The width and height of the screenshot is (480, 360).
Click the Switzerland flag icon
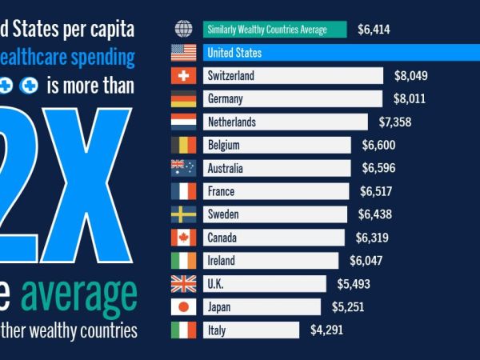pyautogui.click(x=184, y=76)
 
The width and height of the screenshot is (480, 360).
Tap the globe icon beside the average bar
pyautogui.click(x=184, y=30)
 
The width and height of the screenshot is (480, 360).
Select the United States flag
pyautogui.click(x=184, y=53)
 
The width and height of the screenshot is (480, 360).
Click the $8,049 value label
pyautogui.click(x=411, y=76)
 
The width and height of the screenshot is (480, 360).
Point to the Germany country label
pyautogui.click(x=224, y=99)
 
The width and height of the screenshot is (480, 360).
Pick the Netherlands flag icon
pyautogui.click(x=184, y=122)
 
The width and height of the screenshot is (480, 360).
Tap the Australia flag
pyautogui.click(x=184, y=169)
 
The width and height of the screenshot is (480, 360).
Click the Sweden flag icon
pyautogui.click(x=184, y=214)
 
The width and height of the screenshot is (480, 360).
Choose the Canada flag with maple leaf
pyautogui.click(x=184, y=238)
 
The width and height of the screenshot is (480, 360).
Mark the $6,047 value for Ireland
pyautogui.click(x=366, y=261)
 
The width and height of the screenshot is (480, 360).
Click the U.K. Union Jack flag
pyautogui.click(x=184, y=284)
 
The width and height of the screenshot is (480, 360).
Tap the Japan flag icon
pyautogui.click(x=184, y=307)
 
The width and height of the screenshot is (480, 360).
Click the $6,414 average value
pyautogui.click(x=374, y=30)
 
